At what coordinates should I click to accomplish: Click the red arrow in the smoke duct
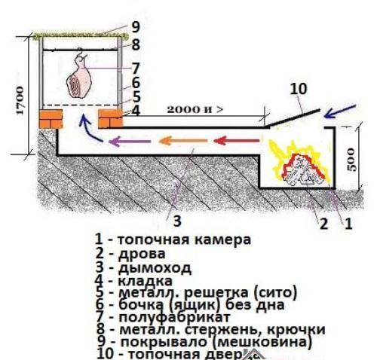point(230,140)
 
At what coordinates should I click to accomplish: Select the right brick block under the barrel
point(110,120)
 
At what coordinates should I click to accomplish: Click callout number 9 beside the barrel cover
point(135,26)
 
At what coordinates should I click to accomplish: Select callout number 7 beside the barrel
point(135,67)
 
